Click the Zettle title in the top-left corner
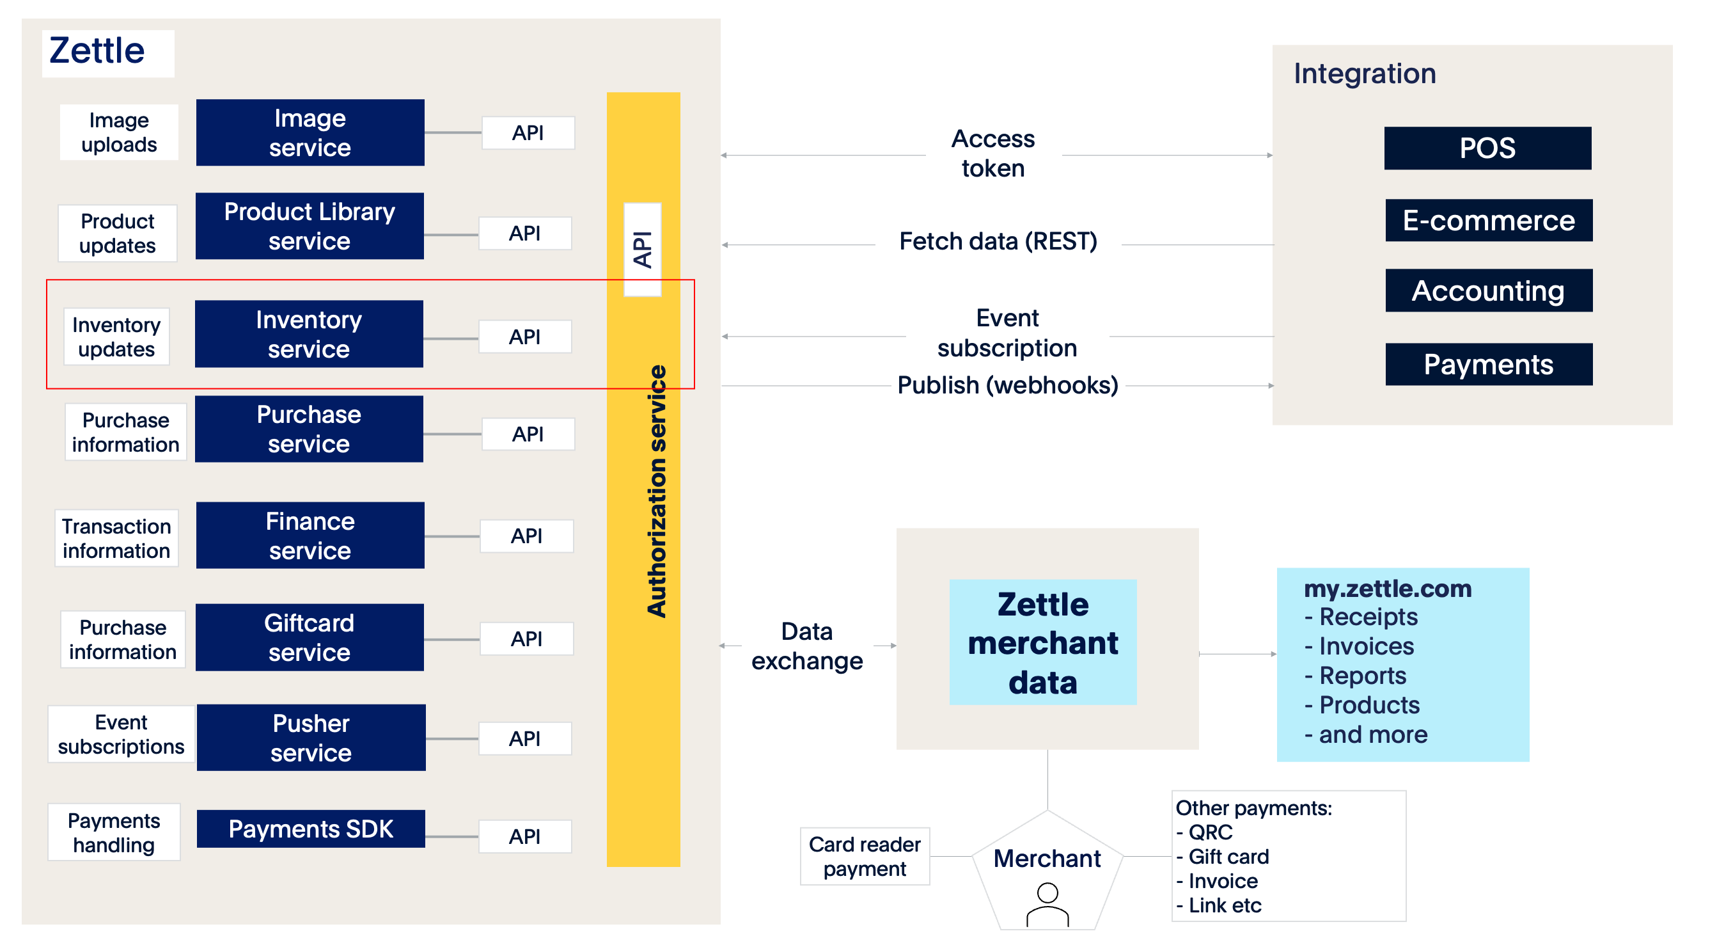click(x=98, y=51)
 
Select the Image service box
click(x=310, y=132)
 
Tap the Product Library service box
click(x=310, y=226)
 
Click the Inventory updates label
click(x=116, y=337)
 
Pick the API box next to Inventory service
click(x=525, y=337)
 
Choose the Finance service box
click(x=310, y=536)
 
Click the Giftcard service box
click(x=310, y=637)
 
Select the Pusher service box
click(x=311, y=738)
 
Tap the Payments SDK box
click(x=311, y=829)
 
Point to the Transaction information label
click(x=116, y=538)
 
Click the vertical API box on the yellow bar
click(x=643, y=250)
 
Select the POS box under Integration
click(x=1487, y=148)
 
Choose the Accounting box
click(x=1489, y=290)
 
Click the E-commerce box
click(x=1489, y=220)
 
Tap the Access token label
click(x=993, y=154)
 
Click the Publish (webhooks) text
click(x=1008, y=385)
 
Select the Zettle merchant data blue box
click(x=1043, y=642)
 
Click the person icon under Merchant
click(x=1047, y=905)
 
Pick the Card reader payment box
click(x=865, y=856)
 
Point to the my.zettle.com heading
click(x=1388, y=589)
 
